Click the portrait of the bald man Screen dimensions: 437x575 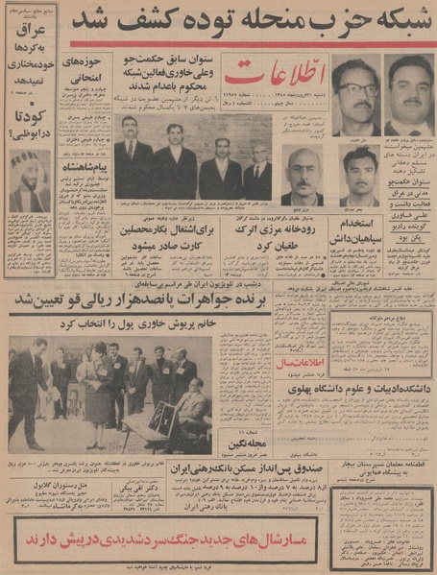click(304, 173)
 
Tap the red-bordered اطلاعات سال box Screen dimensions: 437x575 click(301, 363)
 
